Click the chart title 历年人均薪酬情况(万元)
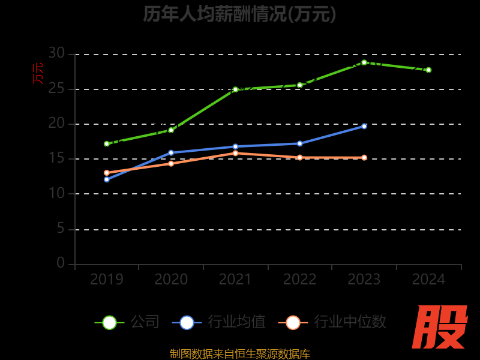pyautogui.click(x=239, y=14)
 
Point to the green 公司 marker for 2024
pyautogui.click(x=428, y=70)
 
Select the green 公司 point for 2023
pyautogui.click(x=364, y=62)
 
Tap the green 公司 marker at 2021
pyautogui.click(x=235, y=89)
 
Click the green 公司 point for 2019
pyautogui.click(x=107, y=144)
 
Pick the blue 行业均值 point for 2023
pyautogui.click(x=364, y=126)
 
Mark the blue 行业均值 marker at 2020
pyautogui.click(x=171, y=152)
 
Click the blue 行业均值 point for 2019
pyautogui.click(x=107, y=179)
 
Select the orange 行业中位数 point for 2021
pyautogui.click(x=235, y=153)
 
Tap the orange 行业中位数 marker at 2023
pyautogui.click(x=364, y=158)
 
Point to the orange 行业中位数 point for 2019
pyautogui.click(x=107, y=173)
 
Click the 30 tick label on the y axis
pyautogui.click(x=56, y=53)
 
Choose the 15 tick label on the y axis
pyautogui.click(x=56, y=158)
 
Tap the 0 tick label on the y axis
pyautogui.click(x=61, y=263)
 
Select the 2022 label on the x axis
pyautogui.click(x=299, y=280)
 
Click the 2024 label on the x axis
pyautogui.click(x=428, y=280)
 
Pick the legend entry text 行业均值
pyautogui.click(x=236, y=322)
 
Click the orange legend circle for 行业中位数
pyautogui.click(x=293, y=322)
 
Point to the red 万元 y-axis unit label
pyautogui.click(x=38, y=73)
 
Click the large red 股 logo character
pyautogui.click(x=441, y=327)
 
